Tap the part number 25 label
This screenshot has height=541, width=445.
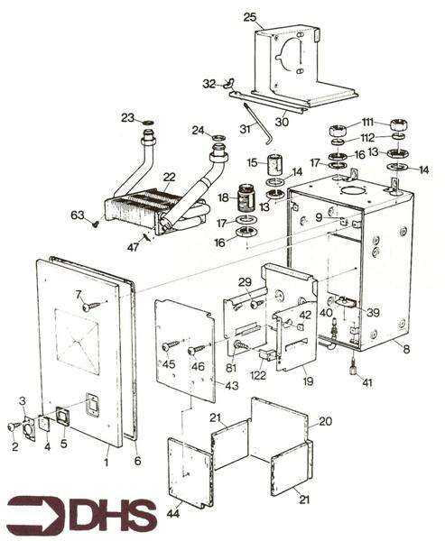point(250,16)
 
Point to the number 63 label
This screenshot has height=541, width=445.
point(77,215)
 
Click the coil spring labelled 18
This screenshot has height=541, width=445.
point(245,197)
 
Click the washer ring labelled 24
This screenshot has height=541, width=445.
point(219,137)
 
